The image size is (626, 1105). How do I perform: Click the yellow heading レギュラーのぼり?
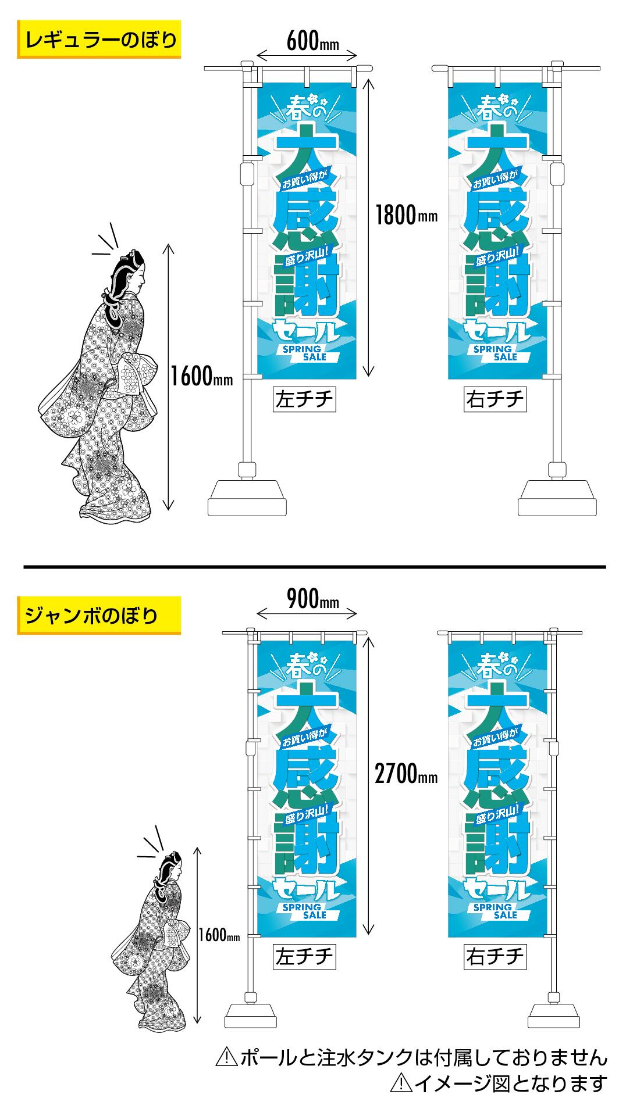(99, 40)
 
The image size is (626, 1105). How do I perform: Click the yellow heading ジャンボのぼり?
(99, 614)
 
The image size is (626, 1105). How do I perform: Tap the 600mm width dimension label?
(312, 41)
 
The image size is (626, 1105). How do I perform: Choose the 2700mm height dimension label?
(406, 775)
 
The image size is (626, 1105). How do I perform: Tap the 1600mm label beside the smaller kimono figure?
(219, 935)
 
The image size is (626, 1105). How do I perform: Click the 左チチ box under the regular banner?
(304, 399)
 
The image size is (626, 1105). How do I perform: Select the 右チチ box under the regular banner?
(495, 399)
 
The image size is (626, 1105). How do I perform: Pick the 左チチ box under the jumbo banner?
(304, 956)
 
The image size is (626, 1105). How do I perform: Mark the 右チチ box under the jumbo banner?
(495, 956)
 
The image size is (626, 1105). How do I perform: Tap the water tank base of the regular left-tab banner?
(248, 498)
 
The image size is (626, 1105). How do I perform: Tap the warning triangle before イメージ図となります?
(401, 1083)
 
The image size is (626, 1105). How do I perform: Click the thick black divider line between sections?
(314, 566)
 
